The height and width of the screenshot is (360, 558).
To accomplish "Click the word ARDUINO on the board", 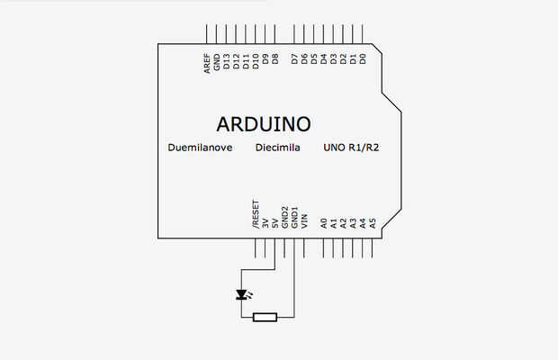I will tap(264, 123).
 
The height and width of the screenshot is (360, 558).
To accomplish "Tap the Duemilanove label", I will tap(200, 147).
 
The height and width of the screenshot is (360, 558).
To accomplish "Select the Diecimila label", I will tap(278, 147).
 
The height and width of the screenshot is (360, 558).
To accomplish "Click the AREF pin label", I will tap(207, 61).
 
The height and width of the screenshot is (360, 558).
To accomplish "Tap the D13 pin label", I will tap(227, 61).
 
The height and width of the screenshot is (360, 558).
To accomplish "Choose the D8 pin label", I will tap(275, 61).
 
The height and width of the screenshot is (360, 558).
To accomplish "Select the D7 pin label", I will tap(294, 61).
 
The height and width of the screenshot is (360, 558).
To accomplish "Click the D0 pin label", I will tap(363, 61).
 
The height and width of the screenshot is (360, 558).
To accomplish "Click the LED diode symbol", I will tap(241, 294).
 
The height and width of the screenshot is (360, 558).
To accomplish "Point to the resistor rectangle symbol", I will tap(265, 317).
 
